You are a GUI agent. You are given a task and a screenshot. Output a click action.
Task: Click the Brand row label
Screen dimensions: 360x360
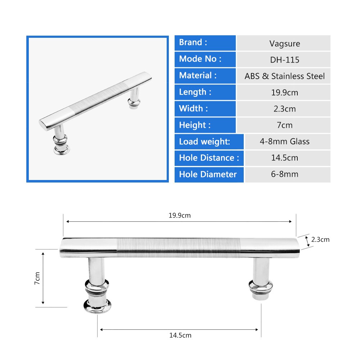pos(193,42)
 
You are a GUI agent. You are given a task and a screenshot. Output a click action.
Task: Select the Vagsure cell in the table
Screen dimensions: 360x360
pos(284,44)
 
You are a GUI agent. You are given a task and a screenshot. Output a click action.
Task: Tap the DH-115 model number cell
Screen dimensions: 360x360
pos(284,60)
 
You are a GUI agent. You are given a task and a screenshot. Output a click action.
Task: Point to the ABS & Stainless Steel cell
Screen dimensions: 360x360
pos(284,76)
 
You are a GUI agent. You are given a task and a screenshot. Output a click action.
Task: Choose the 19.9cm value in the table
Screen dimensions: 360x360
pos(284,93)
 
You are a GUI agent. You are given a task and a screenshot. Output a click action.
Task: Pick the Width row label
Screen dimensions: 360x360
pos(193,108)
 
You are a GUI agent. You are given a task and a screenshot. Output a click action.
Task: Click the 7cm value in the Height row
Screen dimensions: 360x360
pos(284,125)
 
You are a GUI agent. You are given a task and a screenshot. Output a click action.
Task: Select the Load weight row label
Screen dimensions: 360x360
pos(204,141)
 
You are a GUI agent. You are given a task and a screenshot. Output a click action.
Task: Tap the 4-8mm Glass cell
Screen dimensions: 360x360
pos(284,141)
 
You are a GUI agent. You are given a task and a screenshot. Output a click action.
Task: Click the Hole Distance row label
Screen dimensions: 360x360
pos(209,158)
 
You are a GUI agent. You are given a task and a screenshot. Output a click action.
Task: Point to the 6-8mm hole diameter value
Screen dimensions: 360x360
pos(284,174)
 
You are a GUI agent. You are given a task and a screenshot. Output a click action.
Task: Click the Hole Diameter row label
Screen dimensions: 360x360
pos(208,174)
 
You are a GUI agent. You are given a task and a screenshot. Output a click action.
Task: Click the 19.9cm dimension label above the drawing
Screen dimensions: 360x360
pos(179,216)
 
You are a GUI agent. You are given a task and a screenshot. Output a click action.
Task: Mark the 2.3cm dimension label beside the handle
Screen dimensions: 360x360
pos(320,239)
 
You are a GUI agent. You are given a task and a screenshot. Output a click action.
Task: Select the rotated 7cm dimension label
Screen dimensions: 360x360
pos(37,278)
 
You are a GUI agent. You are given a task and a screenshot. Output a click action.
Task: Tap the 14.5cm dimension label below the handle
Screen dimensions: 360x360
pos(180,336)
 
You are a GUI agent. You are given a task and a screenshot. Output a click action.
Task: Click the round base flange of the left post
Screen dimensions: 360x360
pos(97,306)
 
